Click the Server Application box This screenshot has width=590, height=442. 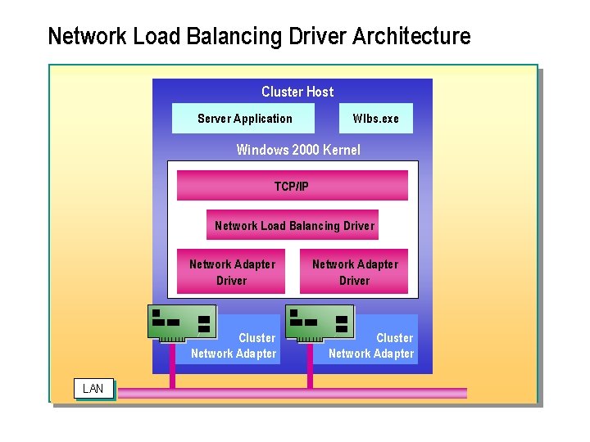click(x=243, y=119)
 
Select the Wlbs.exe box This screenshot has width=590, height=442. click(x=376, y=119)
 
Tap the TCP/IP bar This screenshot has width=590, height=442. click(x=292, y=186)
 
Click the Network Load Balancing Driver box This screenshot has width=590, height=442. click(x=293, y=225)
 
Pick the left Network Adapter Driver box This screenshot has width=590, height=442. click(x=231, y=272)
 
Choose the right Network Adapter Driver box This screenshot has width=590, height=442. click(x=354, y=272)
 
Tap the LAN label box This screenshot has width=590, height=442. click(x=93, y=388)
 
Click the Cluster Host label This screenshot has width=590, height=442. click(x=297, y=92)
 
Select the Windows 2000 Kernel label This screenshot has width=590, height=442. click(x=297, y=150)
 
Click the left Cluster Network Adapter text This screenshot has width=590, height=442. click(x=234, y=345)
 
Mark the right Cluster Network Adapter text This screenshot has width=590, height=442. click(x=372, y=345)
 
